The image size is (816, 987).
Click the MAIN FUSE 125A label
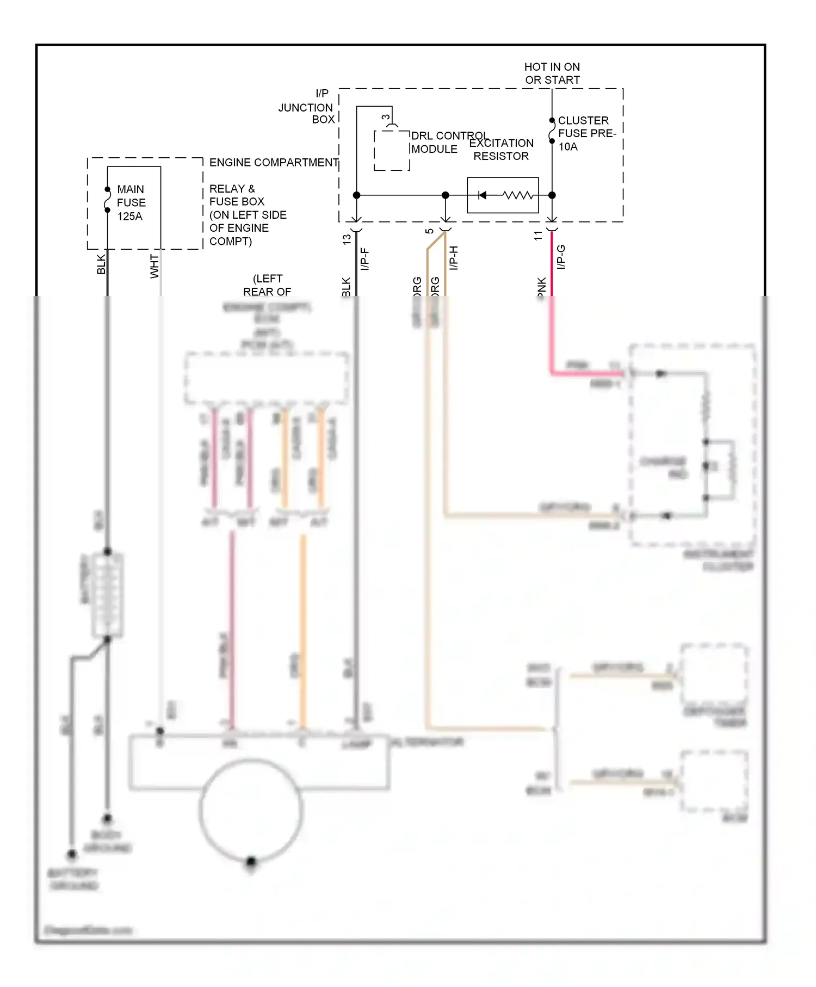131,202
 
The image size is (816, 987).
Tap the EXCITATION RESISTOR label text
501,150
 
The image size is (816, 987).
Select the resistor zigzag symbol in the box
517,195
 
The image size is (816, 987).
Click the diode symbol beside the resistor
482,195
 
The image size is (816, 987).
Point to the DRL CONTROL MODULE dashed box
392,150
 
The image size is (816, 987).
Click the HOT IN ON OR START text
552,73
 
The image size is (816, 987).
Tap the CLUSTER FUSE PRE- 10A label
586,133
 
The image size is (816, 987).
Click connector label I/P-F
364,259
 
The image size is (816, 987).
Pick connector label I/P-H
454,258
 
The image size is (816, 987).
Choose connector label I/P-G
561,257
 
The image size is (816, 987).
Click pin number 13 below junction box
347,239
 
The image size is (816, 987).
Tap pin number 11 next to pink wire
538,236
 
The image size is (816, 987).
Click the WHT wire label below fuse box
154,266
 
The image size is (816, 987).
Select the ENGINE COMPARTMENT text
274,163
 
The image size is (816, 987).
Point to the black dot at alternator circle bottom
251,861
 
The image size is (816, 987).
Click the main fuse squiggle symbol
108,200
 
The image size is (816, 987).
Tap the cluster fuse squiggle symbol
552,131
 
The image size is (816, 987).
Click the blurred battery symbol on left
108,595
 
